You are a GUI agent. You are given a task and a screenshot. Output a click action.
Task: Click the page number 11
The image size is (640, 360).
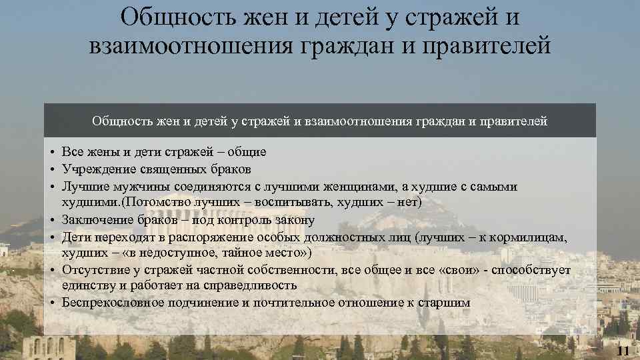point(624,351)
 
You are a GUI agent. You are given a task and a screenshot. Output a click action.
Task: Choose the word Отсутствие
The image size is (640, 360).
point(93,269)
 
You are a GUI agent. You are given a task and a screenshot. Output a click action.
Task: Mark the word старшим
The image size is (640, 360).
point(444,303)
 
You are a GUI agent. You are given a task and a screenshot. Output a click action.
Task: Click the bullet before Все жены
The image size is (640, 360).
point(52,153)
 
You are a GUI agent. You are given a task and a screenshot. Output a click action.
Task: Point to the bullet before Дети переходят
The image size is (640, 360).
point(52,236)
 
